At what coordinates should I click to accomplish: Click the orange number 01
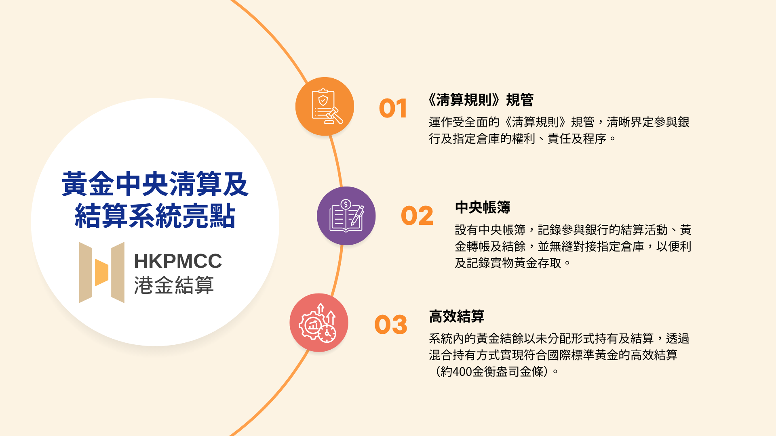[x=393, y=109]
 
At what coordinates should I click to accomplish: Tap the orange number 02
[x=417, y=216]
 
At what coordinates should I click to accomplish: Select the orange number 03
[x=391, y=325]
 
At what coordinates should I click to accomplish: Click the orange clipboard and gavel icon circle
[x=325, y=106]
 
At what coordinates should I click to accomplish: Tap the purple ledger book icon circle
[x=346, y=216]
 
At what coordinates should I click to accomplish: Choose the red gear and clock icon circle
[x=319, y=323]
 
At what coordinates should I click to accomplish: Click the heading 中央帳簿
[x=483, y=208]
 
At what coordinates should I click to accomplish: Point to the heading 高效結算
[x=457, y=316]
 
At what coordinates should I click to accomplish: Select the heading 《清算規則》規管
[x=481, y=100]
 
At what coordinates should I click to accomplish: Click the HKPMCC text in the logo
[x=178, y=261]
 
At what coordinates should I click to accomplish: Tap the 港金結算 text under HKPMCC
[x=174, y=285]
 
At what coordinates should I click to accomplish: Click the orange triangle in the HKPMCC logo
[x=102, y=272]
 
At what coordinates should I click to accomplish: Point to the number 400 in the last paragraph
[x=462, y=371]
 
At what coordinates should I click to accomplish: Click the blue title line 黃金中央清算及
[x=155, y=184]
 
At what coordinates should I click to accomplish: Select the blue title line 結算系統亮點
[x=155, y=216]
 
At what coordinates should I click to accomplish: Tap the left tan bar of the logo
[x=86, y=272]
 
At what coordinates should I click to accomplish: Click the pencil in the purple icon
[x=357, y=216]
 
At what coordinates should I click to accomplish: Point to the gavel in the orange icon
[x=334, y=115]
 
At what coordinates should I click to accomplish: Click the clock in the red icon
[x=327, y=334]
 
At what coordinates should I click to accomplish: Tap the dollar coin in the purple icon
[x=346, y=204]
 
